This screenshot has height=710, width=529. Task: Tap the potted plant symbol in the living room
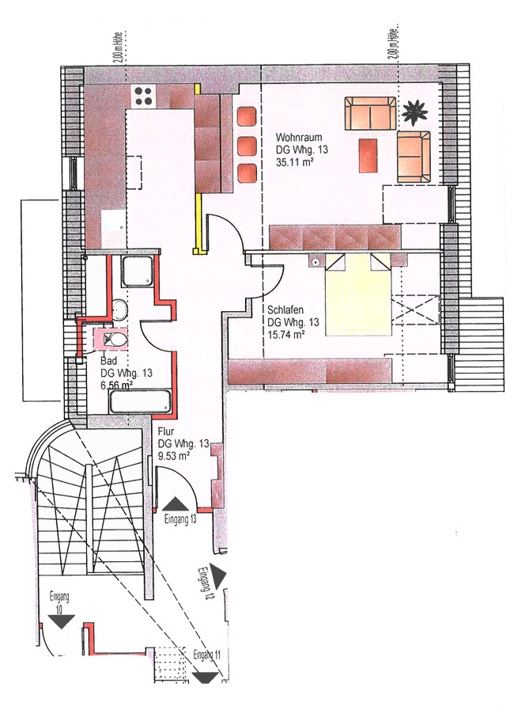point(415,112)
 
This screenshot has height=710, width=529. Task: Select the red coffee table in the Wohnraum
point(368,155)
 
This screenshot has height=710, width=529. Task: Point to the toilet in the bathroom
point(114,338)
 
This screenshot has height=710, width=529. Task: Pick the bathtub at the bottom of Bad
point(141,402)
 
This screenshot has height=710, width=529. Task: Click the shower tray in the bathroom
point(139,271)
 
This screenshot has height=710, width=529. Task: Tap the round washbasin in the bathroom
point(120,309)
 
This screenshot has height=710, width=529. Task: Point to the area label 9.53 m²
point(173,456)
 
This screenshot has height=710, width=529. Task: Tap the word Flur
point(165,431)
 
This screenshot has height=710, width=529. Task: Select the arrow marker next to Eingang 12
point(218,577)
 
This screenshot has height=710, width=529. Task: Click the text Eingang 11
point(207,655)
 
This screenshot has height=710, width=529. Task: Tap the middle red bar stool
point(247,146)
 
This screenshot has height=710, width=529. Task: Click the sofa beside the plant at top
point(370,113)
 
